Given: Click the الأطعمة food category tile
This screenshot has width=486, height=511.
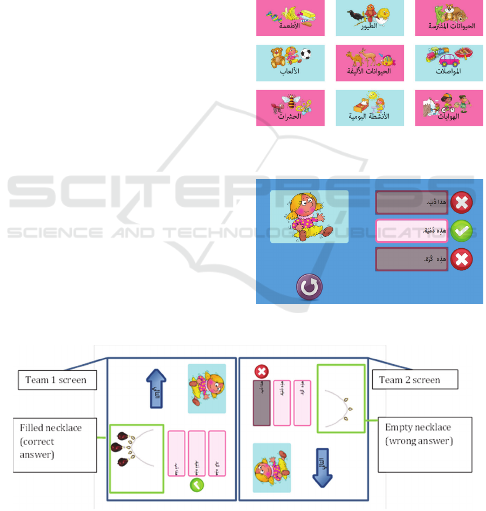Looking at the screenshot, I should click(290, 18).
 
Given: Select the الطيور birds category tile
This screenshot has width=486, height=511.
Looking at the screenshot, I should click(369, 18).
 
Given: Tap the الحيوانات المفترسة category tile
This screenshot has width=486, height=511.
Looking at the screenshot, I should click(449, 18).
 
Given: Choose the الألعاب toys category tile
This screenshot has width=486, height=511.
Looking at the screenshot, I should click(290, 63).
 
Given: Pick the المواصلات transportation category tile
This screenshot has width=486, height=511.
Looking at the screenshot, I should click(449, 63).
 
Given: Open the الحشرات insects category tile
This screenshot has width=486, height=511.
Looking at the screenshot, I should click(290, 108).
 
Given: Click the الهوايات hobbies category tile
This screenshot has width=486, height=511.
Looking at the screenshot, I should click(449, 108).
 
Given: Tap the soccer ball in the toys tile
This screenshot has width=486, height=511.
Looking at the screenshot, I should click(305, 55).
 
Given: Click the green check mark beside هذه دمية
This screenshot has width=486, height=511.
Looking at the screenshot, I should click(462, 232).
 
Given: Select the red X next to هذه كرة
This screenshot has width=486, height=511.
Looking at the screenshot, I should click(462, 260).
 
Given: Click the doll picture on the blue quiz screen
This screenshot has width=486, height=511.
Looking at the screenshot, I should click(309, 217).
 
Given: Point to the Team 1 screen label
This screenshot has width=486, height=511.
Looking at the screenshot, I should click(56, 380).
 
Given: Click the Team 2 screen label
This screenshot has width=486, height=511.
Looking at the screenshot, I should click(409, 380).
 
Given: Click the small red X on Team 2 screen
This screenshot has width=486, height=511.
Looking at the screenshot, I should click(262, 371).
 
